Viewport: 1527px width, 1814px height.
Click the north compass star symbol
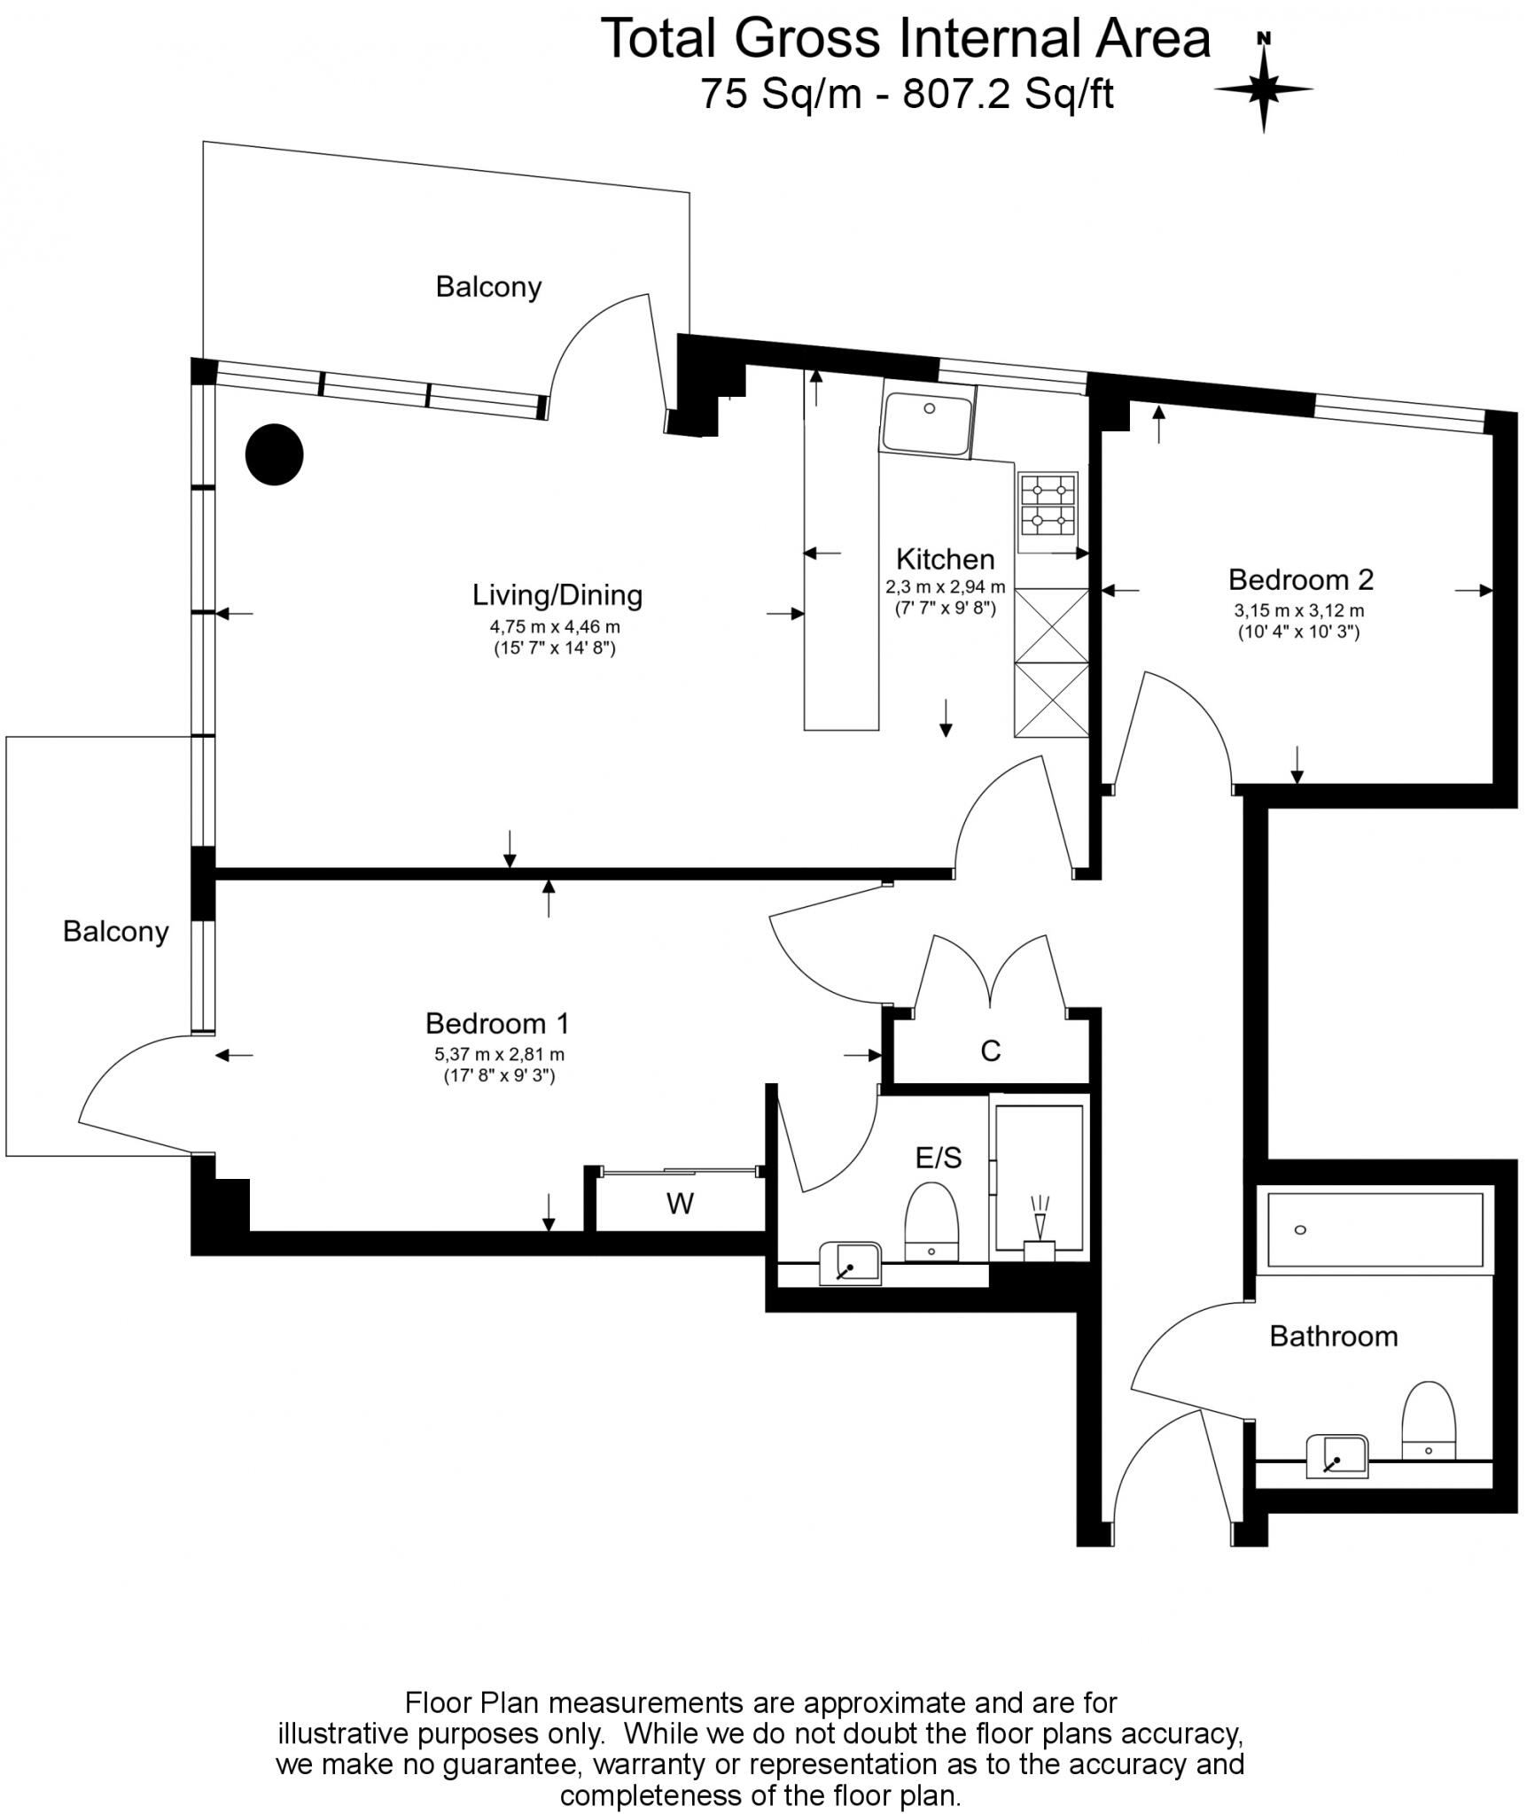[x=1264, y=89]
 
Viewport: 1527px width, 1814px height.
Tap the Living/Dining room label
[x=557, y=594]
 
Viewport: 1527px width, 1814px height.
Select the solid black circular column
[x=275, y=454]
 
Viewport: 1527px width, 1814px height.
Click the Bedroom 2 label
[x=1300, y=579]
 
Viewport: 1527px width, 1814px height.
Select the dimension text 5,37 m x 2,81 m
[x=499, y=1054]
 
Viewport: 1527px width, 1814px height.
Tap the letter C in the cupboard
[x=990, y=1050]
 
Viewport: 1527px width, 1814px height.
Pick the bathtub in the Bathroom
[x=1375, y=1230]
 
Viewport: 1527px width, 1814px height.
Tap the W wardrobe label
[x=680, y=1203]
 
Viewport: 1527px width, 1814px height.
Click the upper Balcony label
[x=488, y=287]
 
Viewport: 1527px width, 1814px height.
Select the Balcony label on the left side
[x=115, y=931]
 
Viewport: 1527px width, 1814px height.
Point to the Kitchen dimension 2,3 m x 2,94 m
[x=945, y=586]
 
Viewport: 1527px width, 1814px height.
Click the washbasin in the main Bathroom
[x=1337, y=1456]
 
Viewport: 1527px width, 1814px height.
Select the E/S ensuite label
[x=939, y=1157]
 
